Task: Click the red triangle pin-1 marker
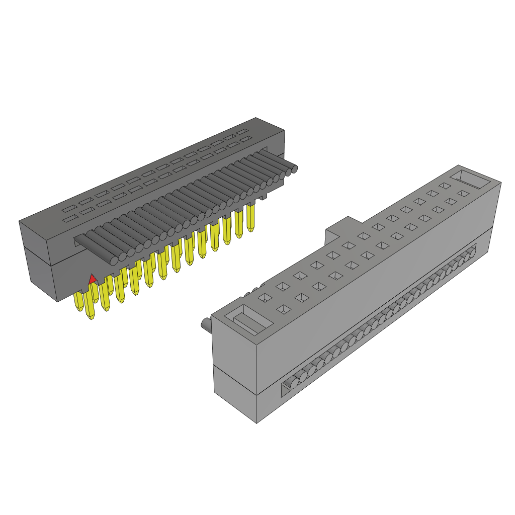92,279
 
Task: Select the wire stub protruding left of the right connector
206,324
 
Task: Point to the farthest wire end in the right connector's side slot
472,250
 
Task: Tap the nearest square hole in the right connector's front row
284,309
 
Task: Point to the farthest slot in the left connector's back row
244,132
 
